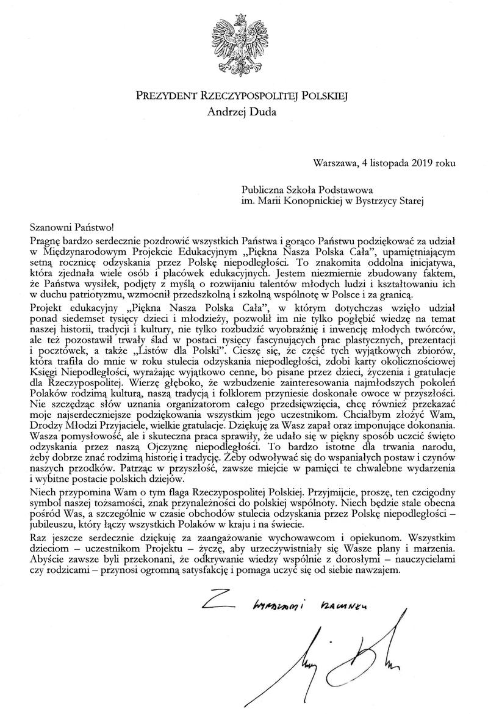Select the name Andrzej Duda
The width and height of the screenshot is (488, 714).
point(242,111)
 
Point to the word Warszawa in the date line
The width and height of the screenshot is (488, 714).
point(333,163)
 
